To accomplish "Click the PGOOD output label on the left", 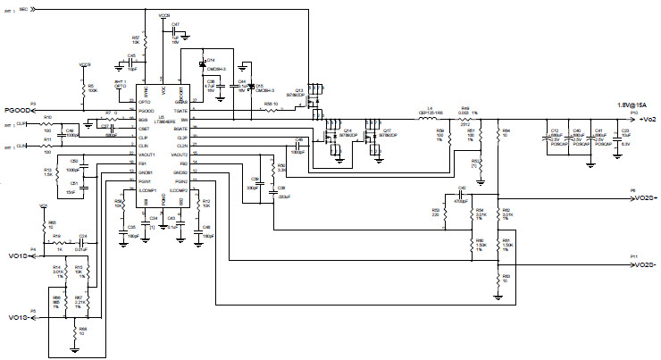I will [x=15, y=110].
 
